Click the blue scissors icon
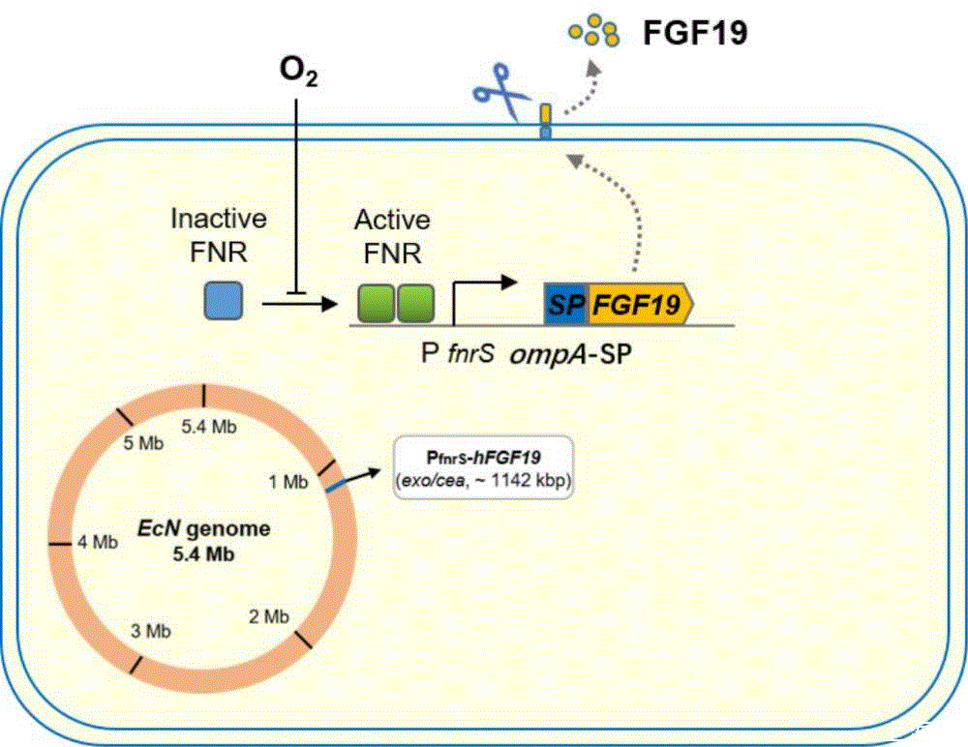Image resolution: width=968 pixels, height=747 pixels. (x=498, y=92)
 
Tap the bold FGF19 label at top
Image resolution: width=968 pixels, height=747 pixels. (x=695, y=34)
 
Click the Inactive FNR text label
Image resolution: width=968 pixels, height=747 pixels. (x=219, y=235)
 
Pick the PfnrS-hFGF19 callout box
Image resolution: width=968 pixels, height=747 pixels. (x=484, y=466)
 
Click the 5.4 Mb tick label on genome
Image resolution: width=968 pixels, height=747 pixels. (x=210, y=427)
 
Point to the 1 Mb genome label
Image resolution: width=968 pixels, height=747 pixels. (x=288, y=479)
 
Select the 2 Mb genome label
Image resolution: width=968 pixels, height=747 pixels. (x=268, y=615)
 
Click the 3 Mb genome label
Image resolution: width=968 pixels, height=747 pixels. (x=151, y=631)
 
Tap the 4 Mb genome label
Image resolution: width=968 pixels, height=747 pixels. (x=98, y=542)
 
